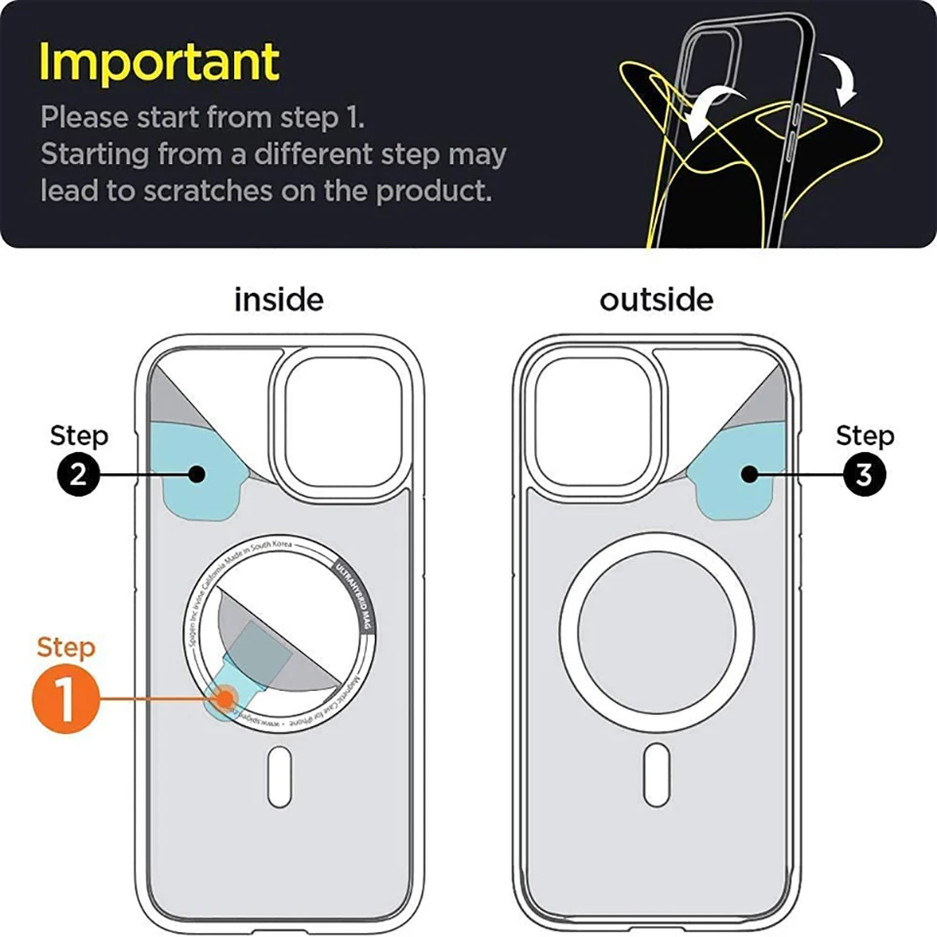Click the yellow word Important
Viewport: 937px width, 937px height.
(159, 62)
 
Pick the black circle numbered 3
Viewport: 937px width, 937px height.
(864, 474)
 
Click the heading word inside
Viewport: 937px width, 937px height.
(278, 299)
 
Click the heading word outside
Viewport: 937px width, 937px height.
(656, 299)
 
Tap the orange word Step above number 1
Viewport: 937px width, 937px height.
(66, 647)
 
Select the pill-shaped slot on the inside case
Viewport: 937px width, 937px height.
(279, 776)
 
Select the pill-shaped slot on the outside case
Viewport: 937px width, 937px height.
(657, 776)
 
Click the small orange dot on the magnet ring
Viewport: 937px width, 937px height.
(226, 699)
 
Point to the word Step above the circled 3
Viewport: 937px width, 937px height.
(864, 435)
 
